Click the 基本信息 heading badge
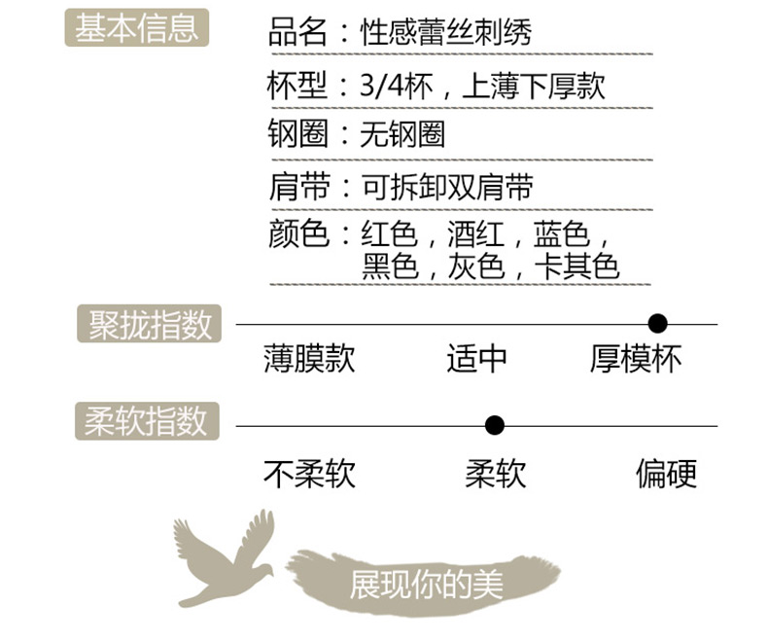coord(137,28)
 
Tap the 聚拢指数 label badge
coord(150,325)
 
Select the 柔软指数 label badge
coord(147,421)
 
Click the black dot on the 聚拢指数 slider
coord(657,323)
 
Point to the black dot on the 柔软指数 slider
coord(495,425)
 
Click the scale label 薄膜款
coord(309,359)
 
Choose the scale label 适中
coord(476,359)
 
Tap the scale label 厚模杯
coord(636,359)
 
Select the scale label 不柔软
coord(309,474)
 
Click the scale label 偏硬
coord(666,474)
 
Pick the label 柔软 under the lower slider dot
coord(495,474)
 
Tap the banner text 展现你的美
coord(426,584)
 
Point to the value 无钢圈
coord(402,134)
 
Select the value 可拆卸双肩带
coord(447,187)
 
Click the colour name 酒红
coord(474,234)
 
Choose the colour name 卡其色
coord(577,266)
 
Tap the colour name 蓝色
coord(561,234)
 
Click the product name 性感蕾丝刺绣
coord(447,34)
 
